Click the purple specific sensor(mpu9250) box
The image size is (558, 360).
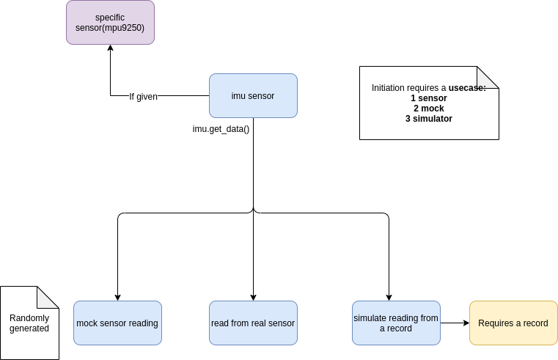[110, 22]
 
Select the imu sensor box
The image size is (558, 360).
[253, 95]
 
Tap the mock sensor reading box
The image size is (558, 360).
[117, 323]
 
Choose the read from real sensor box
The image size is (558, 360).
[253, 323]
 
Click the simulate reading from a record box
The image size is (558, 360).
[396, 323]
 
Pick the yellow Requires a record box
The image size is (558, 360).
[513, 323]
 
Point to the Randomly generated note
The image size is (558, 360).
[29, 323]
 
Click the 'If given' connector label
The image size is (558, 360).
[143, 96]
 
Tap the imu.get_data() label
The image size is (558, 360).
[221, 129]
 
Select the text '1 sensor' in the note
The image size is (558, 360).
[429, 98]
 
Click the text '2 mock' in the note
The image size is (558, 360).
[429, 109]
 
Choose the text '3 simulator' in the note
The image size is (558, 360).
[429, 119]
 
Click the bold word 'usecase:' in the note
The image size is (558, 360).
[467, 88]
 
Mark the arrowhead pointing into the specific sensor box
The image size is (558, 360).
[110, 48]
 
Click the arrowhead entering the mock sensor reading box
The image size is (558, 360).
[117, 297]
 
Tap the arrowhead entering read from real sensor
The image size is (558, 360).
[253, 297]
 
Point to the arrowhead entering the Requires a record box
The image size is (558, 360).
[465, 323]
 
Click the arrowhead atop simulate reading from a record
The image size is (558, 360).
[389, 297]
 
